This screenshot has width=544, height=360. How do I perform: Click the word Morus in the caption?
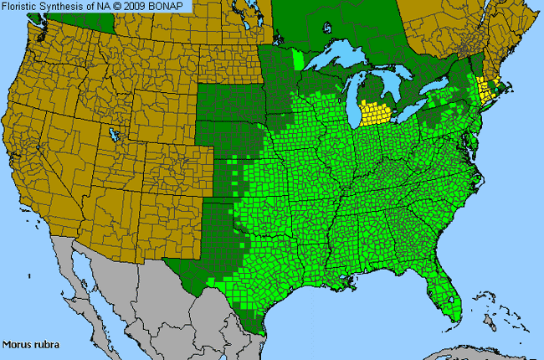tap(17, 343)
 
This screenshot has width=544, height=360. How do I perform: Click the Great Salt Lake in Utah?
tap(112, 134)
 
